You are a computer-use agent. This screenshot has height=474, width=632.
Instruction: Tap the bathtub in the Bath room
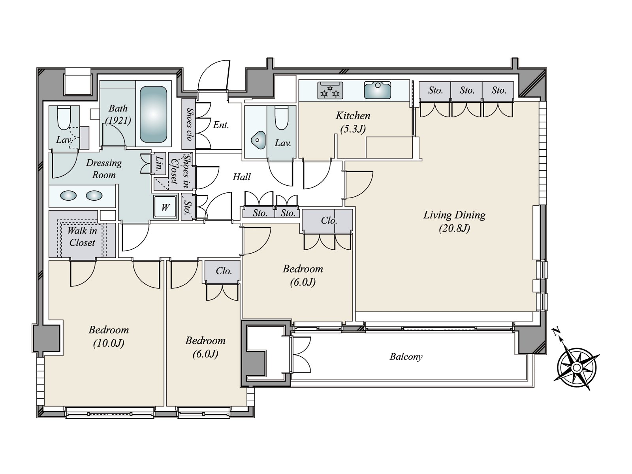(x=153, y=114)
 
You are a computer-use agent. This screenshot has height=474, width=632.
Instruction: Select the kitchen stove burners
(x=330, y=90)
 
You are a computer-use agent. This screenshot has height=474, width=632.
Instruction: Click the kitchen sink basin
(x=378, y=90)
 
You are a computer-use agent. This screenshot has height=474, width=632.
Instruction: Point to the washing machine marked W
(x=165, y=207)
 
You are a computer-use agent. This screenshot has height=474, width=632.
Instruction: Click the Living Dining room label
(x=454, y=221)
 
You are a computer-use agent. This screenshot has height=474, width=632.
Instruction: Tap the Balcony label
(x=406, y=357)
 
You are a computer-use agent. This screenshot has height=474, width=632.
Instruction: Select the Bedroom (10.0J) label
(x=109, y=336)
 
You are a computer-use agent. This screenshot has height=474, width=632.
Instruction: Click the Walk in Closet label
(x=82, y=236)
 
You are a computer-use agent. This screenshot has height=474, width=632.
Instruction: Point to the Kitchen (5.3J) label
(x=353, y=122)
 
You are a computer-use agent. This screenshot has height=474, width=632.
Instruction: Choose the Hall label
(x=242, y=177)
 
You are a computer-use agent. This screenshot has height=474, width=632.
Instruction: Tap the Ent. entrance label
(x=221, y=125)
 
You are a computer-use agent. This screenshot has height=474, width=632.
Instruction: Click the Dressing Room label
(x=103, y=169)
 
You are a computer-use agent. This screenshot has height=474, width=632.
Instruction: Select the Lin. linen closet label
(x=159, y=164)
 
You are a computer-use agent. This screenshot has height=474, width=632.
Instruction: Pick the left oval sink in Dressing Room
(x=68, y=196)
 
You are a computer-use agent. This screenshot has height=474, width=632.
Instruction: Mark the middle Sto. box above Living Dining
(x=467, y=91)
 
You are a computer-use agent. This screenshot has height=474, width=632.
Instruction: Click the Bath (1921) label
(x=118, y=114)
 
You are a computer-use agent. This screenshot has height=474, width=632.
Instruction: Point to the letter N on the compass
(x=556, y=331)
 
